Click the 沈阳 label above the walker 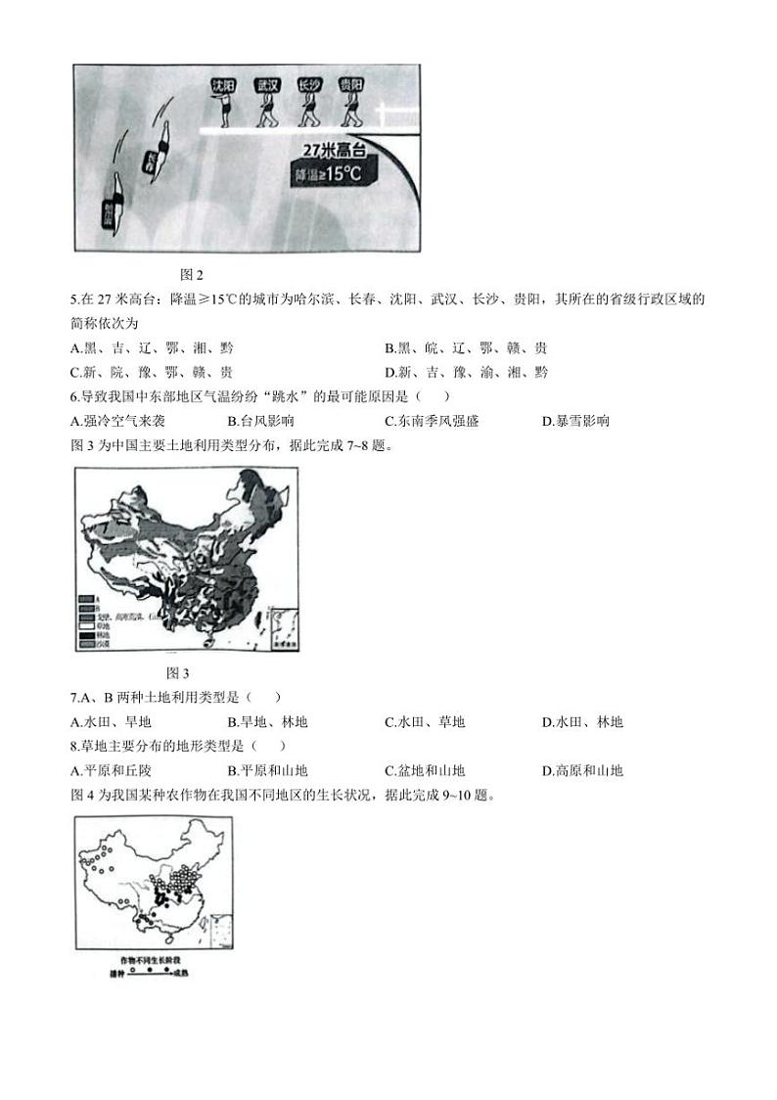[x=225, y=85]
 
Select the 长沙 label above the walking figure [x=308, y=85]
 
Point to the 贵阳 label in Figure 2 [x=350, y=85]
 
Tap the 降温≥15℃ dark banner [x=334, y=175]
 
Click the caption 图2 [x=192, y=275]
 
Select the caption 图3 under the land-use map [x=178, y=672]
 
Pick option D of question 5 [x=466, y=372]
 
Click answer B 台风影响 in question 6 [x=260, y=421]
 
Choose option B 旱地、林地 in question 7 [x=267, y=722]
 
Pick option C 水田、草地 [x=425, y=722]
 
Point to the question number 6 [x=75, y=396]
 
